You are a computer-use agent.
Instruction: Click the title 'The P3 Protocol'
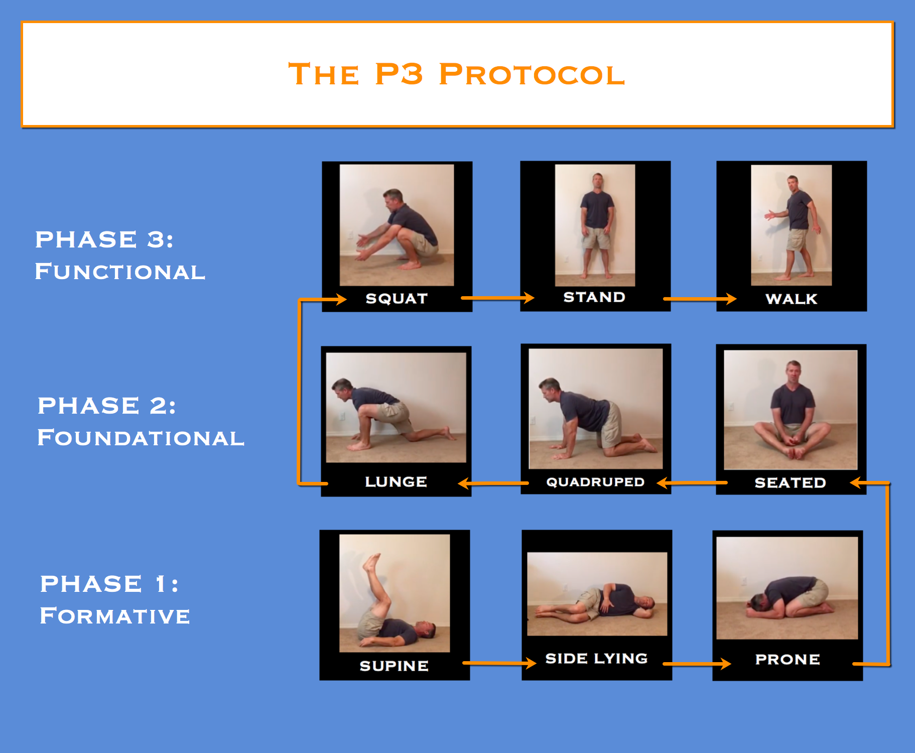457,74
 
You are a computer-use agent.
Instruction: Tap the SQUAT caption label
397,298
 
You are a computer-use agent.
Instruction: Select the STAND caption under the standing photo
594,297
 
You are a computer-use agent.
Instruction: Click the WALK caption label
792,299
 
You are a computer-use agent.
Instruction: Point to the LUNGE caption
396,481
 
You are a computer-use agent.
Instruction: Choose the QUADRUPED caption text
595,482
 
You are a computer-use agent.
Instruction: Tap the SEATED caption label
791,482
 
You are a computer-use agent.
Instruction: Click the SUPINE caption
394,666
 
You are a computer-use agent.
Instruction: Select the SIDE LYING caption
596,658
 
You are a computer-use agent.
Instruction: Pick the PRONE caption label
788,659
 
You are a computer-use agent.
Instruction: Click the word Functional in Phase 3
120,272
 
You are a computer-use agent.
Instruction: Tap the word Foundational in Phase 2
141,438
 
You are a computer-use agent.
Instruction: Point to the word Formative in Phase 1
115,616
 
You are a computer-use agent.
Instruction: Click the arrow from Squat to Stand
497,298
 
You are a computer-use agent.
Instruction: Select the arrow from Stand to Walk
700,299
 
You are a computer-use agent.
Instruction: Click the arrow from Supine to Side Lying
499,663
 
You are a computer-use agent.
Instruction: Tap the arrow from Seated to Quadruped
692,483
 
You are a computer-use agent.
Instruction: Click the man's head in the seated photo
793,372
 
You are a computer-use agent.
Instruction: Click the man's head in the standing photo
597,181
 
